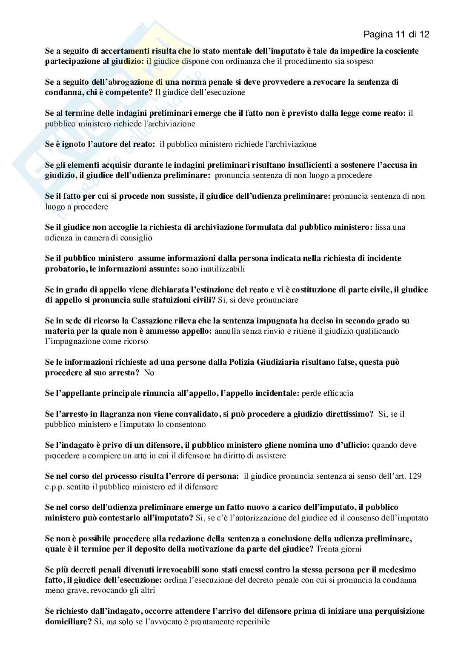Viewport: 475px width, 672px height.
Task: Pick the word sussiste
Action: coord(180,196)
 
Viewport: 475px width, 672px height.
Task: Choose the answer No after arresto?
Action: coord(149,373)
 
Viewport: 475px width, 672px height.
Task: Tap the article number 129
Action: coord(415,476)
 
